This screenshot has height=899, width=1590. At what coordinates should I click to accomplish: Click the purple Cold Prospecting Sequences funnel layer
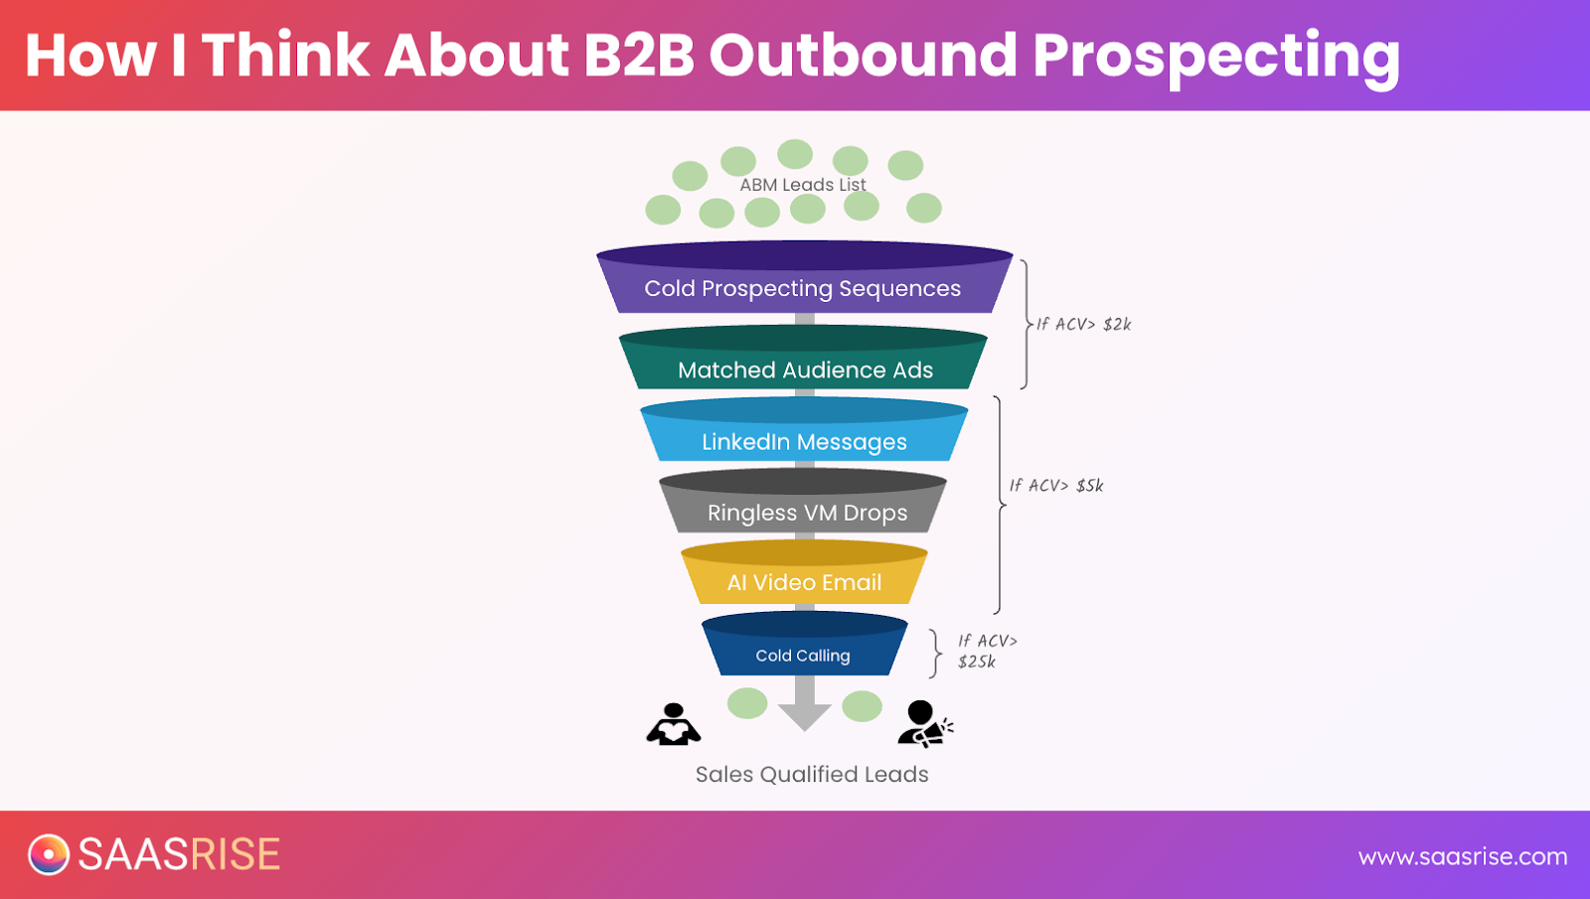pyautogui.click(x=803, y=288)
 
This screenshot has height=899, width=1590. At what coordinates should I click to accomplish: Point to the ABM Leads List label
pyautogui.click(x=802, y=185)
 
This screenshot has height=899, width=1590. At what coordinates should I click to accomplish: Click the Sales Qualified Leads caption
pyautogui.click(x=812, y=774)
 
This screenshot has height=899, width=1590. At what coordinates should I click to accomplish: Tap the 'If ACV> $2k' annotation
pyautogui.click(x=1084, y=324)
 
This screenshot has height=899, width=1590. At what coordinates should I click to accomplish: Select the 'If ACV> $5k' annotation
pyautogui.click(x=1056, y=485)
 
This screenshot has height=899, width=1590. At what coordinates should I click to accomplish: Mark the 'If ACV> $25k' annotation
pyautogui.click(x=986, y=652)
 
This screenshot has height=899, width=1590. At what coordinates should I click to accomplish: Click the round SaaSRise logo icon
pyautogui.click(x=49, y=854)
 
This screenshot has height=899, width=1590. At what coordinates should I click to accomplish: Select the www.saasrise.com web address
pyautogui.click(x=1462, y=856)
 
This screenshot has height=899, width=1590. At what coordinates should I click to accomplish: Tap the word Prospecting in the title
pyautogui.click(x=1216, y=57)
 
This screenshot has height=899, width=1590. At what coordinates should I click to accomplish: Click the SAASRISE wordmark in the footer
pyautogui.click(x=179, y=854)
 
